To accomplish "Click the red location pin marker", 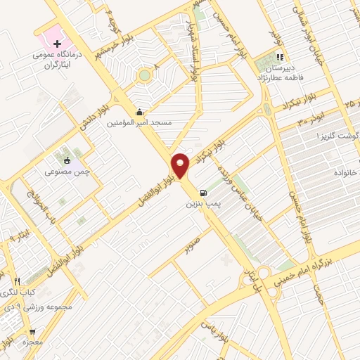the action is [181, 166].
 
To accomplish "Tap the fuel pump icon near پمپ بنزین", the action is [203, 192].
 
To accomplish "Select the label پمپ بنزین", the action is [199, 204].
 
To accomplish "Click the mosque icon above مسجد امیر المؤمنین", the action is [139, 112].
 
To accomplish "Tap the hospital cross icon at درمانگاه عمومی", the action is [58, 44].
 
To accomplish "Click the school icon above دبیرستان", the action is [280, 58].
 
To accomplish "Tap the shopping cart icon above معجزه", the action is [32, 331].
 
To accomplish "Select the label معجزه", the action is [32, 342].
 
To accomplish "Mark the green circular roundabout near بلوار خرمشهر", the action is [144, 74].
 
